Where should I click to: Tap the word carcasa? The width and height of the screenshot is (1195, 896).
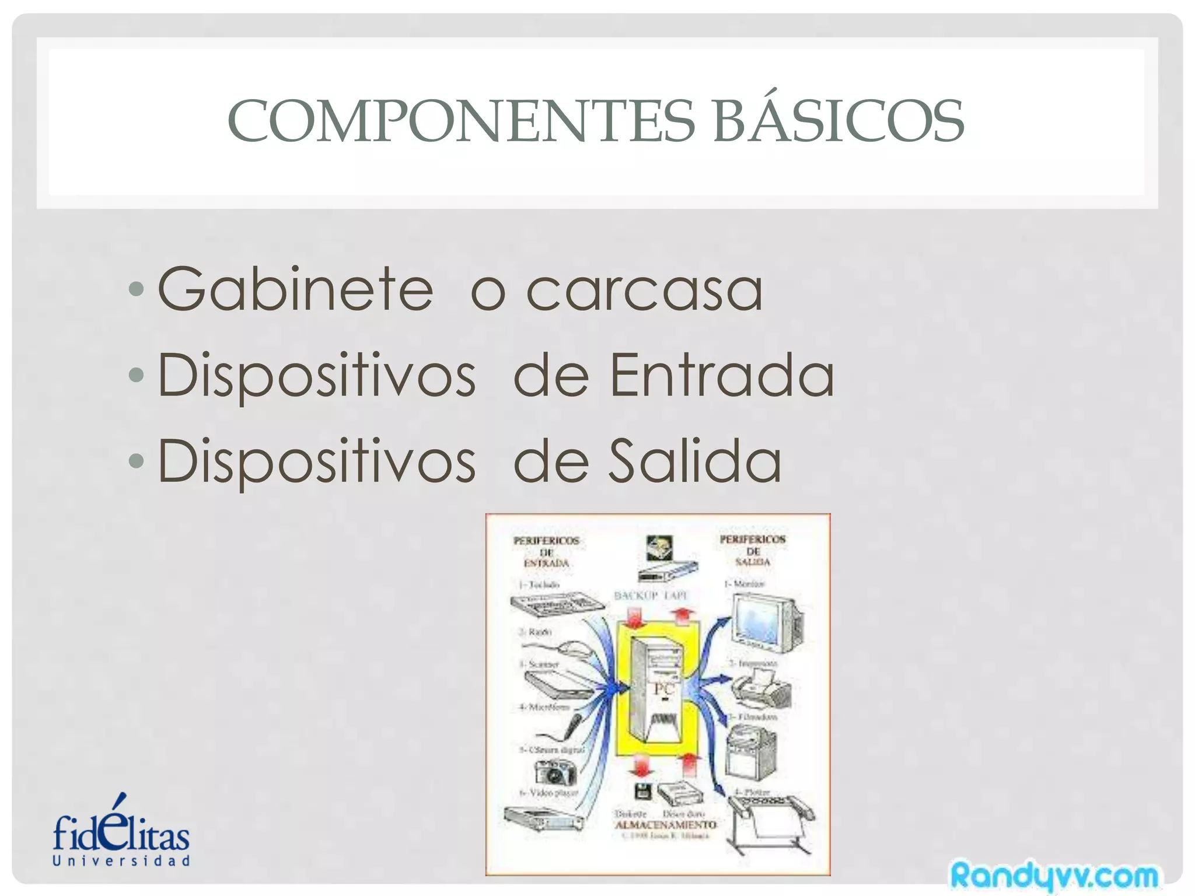tap(644, 290)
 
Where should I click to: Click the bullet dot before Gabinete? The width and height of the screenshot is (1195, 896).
tap(135, 289)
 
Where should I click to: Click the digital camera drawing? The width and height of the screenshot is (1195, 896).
tap(555, 773)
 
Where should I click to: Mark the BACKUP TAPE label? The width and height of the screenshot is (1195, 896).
tap(651, 596)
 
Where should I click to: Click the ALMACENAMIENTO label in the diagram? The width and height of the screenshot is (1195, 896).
tap(665, 825)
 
